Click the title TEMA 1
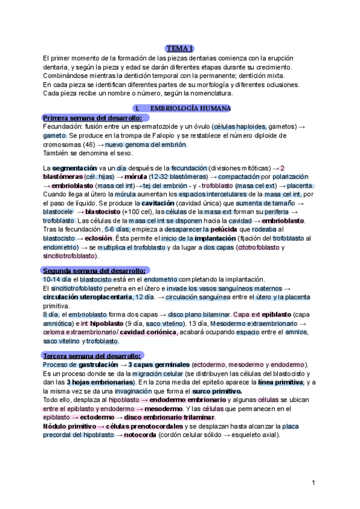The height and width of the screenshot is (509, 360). click(179, 48)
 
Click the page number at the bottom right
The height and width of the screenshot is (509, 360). click(313, 483)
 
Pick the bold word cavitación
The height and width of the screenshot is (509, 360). click(161, 203)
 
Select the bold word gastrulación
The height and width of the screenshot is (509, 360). click(99, 365)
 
